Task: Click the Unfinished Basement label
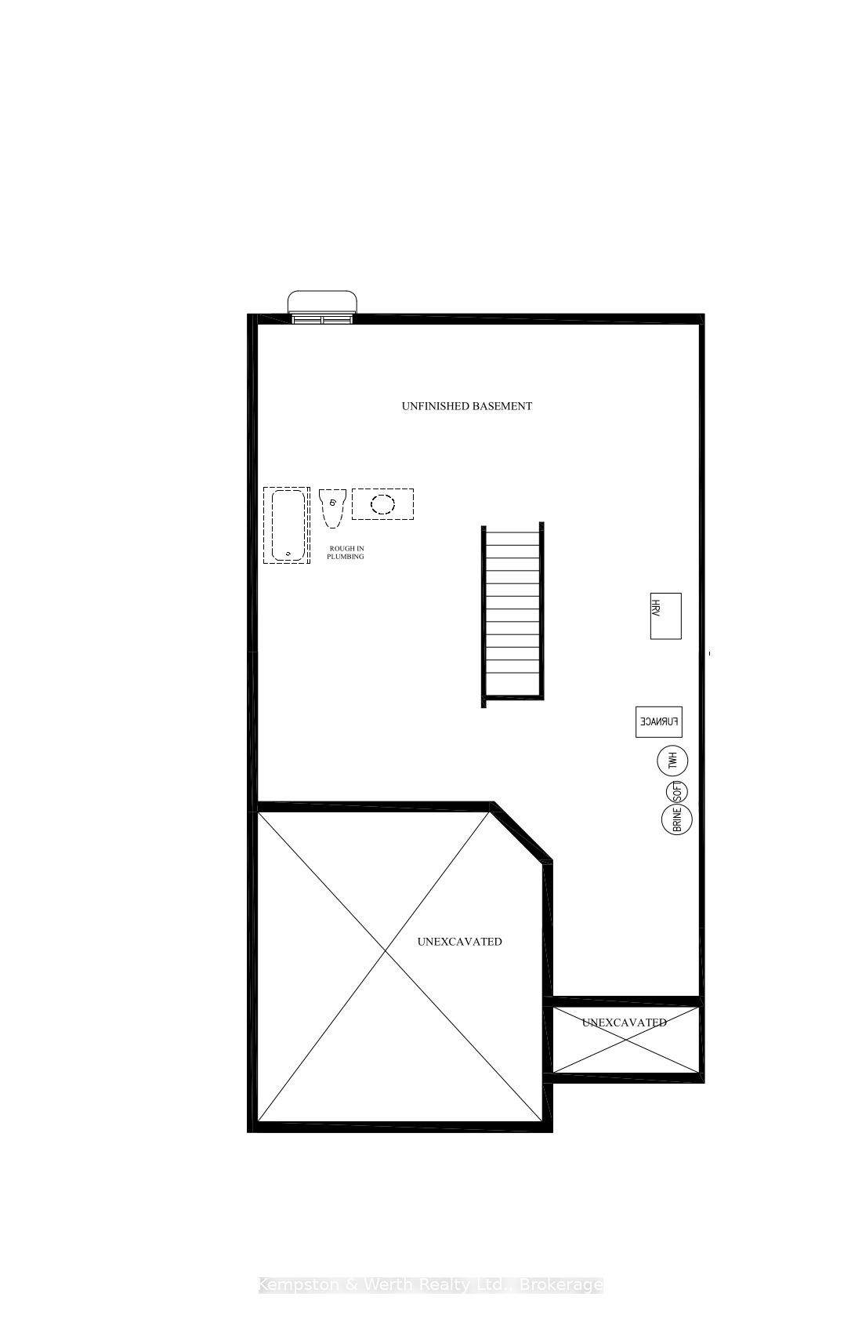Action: [x=467, y=406]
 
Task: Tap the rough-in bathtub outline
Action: [x=286, y=525]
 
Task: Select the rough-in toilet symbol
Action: [x=332, y=507]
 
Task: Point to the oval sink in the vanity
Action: [x=382, y=503]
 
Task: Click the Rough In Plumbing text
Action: [x=346, y=552]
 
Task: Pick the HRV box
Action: [x=665, y=616]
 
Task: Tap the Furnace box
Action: [x=658, y=722]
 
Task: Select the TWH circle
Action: [x=672, y=761]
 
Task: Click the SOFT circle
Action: [x=676, y=791]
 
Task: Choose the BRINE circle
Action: [x=677, y=819]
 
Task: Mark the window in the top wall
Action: [x=322, y=318]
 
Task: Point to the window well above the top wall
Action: [x=323, y=302]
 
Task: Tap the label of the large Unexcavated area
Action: [x=459, y=941]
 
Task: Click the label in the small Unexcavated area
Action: [x=625, y=1022]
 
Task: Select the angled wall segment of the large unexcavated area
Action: [x=519, y=834]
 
